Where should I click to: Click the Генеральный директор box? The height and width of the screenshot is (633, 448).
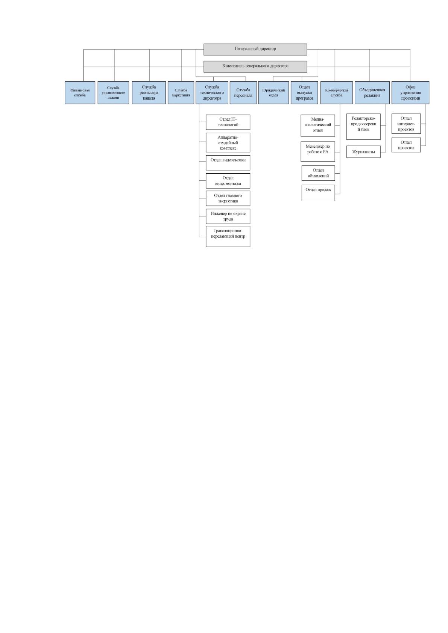255,49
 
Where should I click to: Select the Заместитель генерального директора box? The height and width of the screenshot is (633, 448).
255,67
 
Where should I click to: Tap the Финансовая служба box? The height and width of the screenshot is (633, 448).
80,93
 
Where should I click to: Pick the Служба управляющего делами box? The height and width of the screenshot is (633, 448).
113,93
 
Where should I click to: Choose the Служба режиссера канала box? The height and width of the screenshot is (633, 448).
149,93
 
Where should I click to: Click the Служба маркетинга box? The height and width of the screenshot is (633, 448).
181,93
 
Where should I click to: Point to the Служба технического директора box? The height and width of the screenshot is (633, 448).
212,93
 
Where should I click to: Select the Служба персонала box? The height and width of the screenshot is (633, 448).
243,93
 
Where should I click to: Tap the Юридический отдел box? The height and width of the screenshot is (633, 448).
273,93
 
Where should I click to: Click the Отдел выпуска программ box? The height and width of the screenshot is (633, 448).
304,93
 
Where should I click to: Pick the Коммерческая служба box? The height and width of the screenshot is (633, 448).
337,93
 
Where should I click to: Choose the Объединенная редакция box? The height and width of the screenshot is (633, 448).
372,93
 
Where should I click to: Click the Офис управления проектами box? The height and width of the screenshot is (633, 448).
410,93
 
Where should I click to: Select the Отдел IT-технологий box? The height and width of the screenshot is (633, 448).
228,123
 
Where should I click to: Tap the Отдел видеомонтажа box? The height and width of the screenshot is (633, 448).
228,181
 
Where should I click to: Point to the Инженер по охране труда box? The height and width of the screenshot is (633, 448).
228,216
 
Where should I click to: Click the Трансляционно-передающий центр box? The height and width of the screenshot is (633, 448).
228,236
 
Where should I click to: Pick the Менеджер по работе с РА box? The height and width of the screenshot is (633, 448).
318,151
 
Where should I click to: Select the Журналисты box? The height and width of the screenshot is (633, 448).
363,152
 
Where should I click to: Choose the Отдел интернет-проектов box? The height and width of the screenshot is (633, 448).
406,124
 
